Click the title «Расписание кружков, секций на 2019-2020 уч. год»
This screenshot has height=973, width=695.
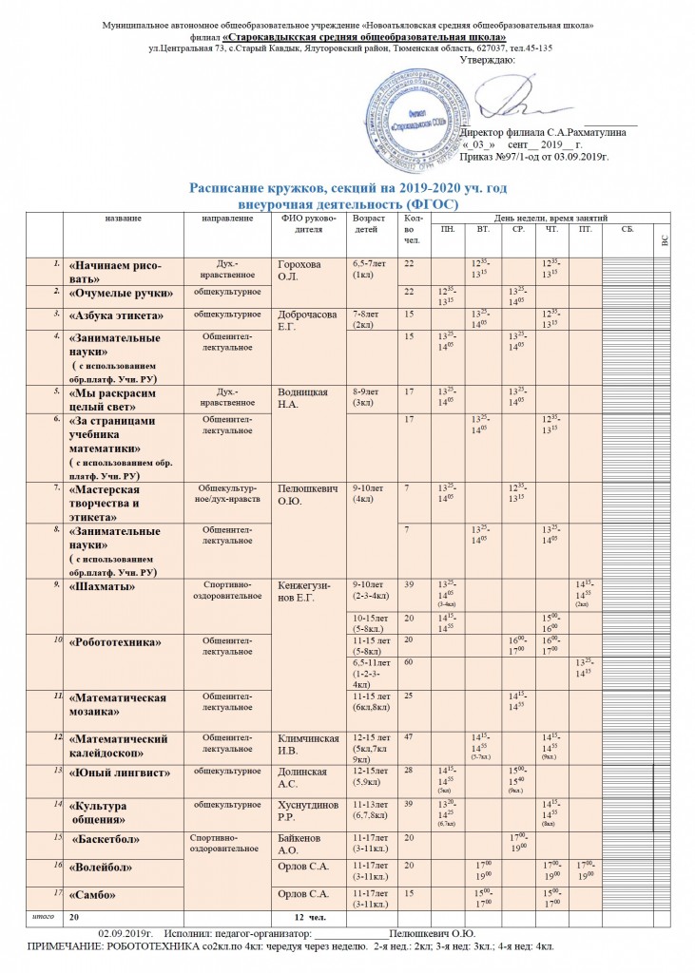pyautogui.click(x=349, y=190)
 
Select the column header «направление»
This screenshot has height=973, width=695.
pyautogui.click(x=228, y=218)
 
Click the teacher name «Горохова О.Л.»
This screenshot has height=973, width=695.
pyautogui.click(x=297, y=269)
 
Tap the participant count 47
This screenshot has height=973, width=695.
pyautogui.click(x=410, y=736)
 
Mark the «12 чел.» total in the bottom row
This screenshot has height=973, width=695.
pyautogui.click(x=310, y=918)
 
